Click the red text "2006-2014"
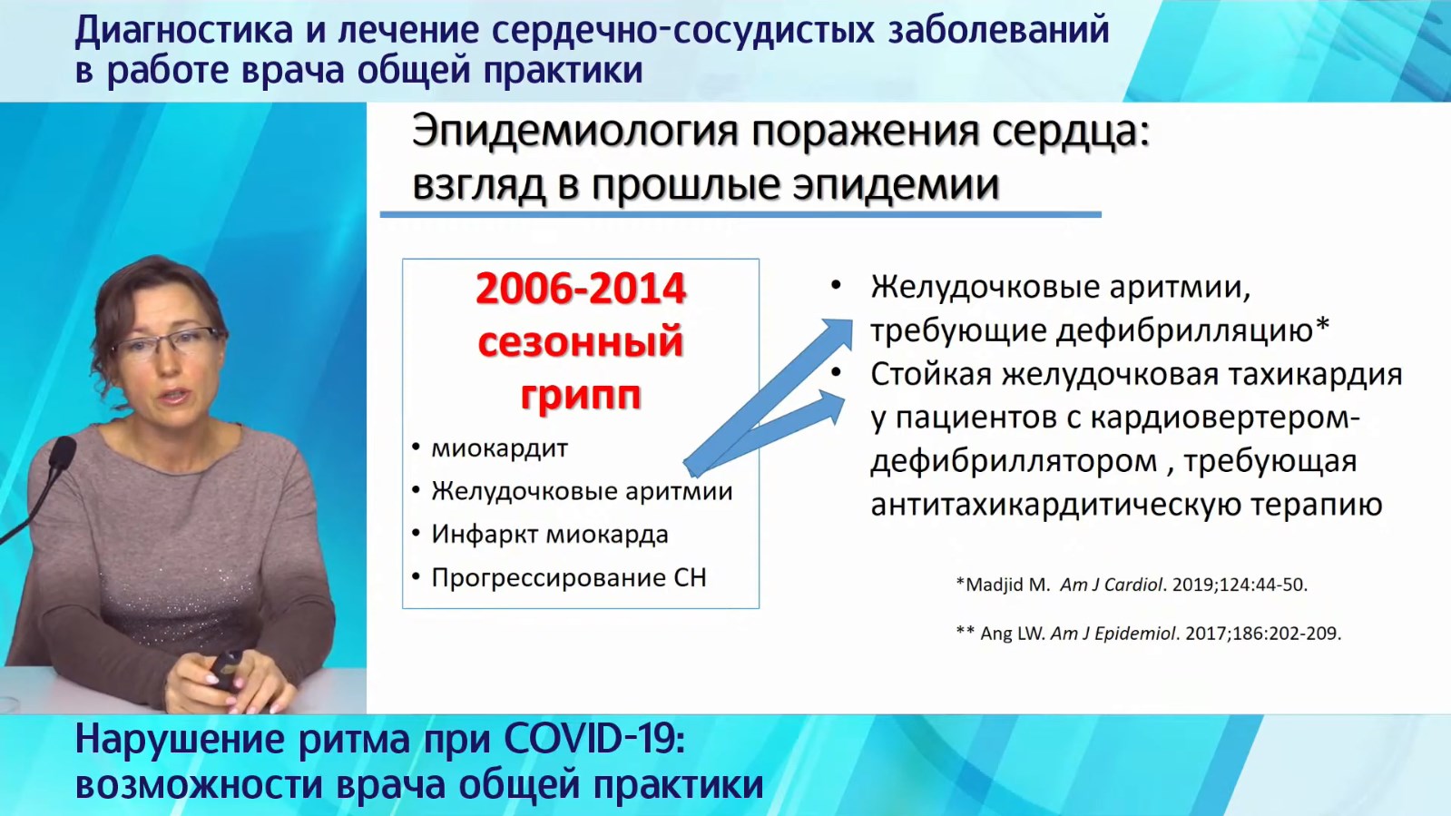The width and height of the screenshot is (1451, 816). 581,289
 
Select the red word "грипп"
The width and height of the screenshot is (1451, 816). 581,395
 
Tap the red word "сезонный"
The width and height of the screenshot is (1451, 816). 581,341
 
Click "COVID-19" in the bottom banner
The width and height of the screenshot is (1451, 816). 593,739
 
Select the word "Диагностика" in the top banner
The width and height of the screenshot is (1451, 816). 184,31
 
